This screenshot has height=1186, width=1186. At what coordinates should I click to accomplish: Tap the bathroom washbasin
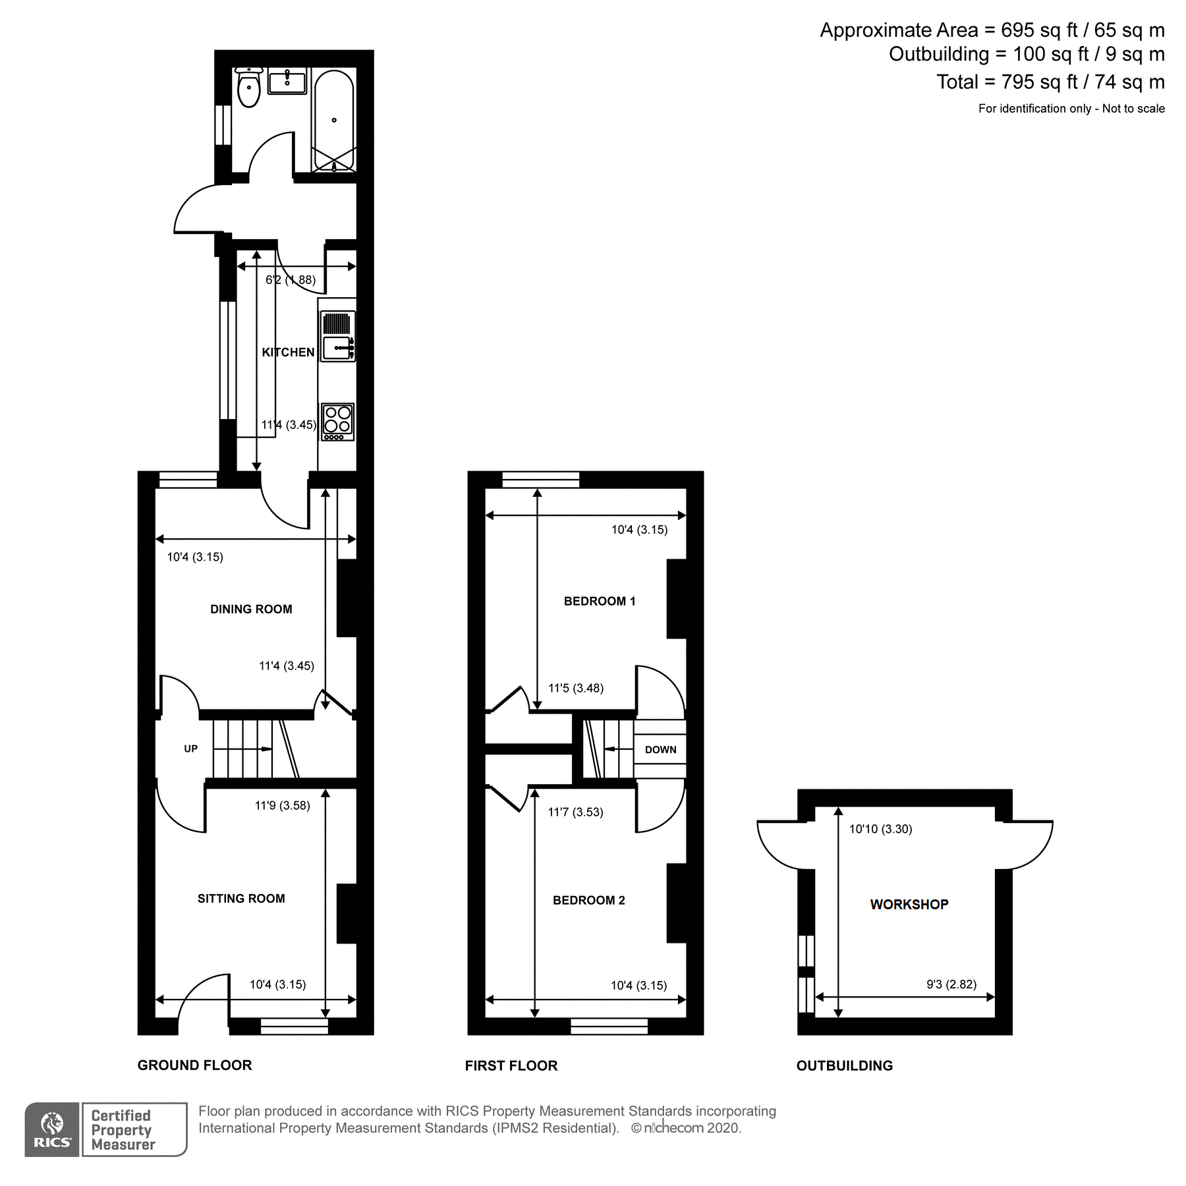point(287,81)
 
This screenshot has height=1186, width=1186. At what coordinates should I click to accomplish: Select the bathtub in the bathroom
point(334,120)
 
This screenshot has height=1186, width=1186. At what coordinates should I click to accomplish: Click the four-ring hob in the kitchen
point(337,422)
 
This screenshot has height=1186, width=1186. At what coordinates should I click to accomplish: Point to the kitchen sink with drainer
point(338,336)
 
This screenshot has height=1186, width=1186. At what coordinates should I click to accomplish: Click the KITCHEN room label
point(289,353)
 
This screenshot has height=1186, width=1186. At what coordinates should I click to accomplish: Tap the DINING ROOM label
point(251,609)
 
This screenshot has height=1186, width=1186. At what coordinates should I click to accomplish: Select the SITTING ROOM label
point(241,899)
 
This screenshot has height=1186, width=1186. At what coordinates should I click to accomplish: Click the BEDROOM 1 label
point(600,601)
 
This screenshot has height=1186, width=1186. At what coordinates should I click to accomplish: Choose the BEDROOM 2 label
point(589,900)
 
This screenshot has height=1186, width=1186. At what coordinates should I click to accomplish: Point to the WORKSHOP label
point(909,905)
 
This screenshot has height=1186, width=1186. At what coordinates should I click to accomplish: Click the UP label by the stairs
point(191,748)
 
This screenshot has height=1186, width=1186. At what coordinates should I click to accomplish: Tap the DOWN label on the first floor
point(661,750)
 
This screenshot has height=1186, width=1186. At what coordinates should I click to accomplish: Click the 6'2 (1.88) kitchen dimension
point(291,280)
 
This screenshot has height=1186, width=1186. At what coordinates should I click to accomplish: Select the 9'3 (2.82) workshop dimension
point(951,984)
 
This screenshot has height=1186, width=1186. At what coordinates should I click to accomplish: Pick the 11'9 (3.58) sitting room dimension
point(283,805)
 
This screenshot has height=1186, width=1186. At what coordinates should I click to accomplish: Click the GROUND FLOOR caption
point(195,1065)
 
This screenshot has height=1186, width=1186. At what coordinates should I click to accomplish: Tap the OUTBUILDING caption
point(845,1066)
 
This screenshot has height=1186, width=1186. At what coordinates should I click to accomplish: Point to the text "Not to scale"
point(1133,109)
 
